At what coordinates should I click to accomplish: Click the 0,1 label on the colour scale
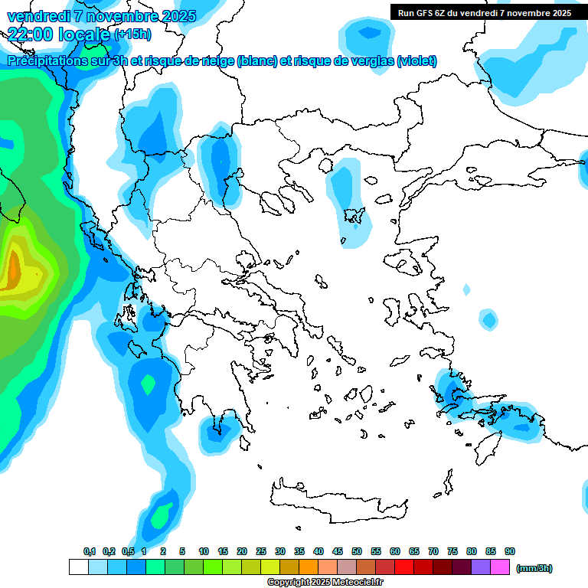tap(90, 551)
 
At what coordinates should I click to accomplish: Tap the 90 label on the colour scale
tap(510, 551)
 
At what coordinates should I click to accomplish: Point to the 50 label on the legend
tap(357, 551)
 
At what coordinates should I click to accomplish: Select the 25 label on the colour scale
tap(261, 551)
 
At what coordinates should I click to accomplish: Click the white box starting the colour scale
tap(78, 567)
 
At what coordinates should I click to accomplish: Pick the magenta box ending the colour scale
tap(500, 567)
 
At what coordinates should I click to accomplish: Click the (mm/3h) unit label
tap(534, 568)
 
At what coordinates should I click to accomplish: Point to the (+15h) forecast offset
tap(132, 34)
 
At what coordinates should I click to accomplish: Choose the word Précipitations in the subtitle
tap(47, 60)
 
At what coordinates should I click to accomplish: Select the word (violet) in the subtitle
tap(417, 60)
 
